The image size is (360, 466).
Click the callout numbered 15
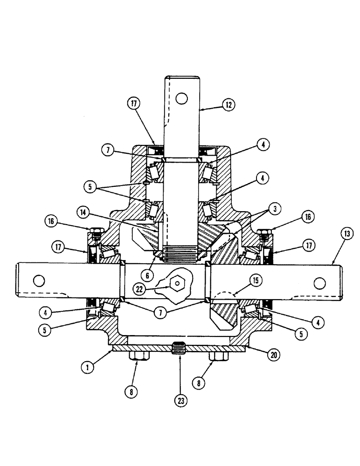(256, 280)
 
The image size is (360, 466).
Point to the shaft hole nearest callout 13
(319, 283)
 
